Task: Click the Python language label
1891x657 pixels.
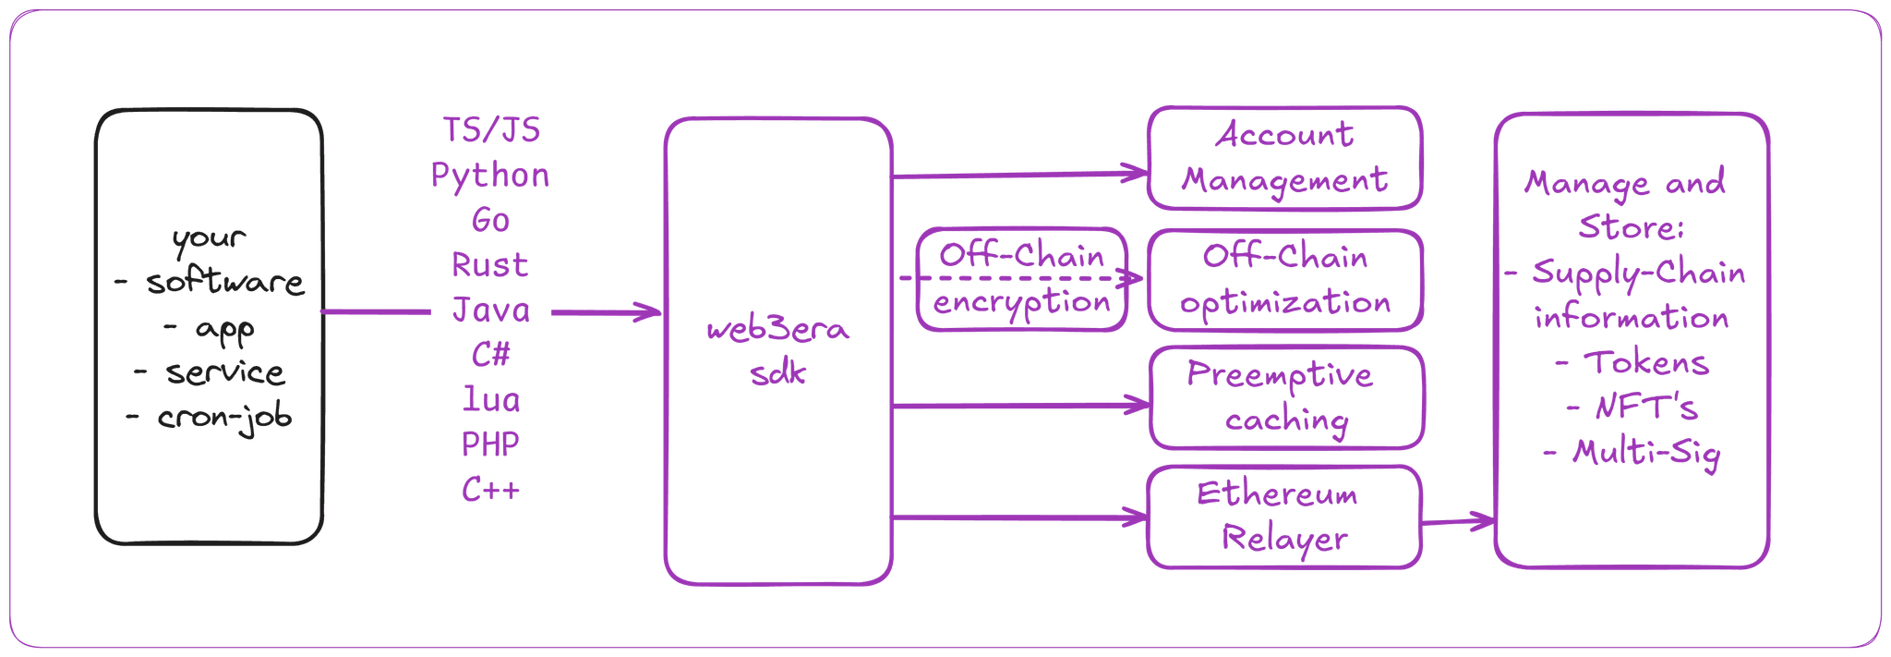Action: (490, 175)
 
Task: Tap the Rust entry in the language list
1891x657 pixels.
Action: (490, 265)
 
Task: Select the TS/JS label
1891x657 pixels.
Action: (491, 130)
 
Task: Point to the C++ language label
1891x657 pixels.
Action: (491, 490)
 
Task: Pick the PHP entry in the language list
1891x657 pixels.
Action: (491, 444)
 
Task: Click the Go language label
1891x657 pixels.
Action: (491, 220)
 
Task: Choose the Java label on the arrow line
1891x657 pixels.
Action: (491, 310)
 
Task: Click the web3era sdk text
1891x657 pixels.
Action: (777, 352)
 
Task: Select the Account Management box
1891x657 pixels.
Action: (1283, 158)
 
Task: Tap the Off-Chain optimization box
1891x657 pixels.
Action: (1284, 279)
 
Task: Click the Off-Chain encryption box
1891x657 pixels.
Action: (1022, 279)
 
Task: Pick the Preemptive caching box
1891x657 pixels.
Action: (1284, 397)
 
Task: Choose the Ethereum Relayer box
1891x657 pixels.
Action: (1283, 517)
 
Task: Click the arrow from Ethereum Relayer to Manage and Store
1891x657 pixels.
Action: (1457, 523)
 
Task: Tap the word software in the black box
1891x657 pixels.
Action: (224, 283)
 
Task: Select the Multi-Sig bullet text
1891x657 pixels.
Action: (1644, 453)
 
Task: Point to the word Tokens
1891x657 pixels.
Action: (1645, 362)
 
